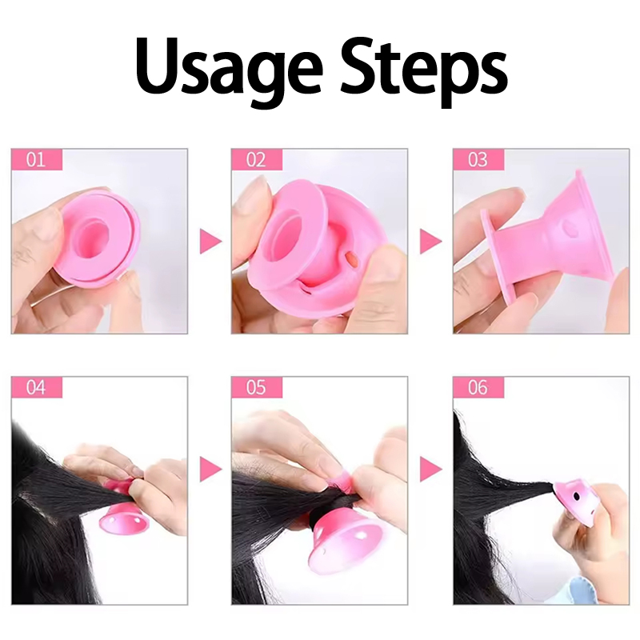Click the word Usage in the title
[x=228, y=66]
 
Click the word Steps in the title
[x=424, y=66]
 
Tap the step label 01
[x=35, y=159]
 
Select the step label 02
[x=256, y=159]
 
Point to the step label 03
[x=478, y=159]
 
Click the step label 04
[x=35, y=387]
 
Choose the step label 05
[x=256, y=387]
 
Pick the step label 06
[x=478, y=387]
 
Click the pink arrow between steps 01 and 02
[x=210, y=242]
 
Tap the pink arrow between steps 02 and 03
[x=431, y=242]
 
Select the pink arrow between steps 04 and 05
[x=210, y=469]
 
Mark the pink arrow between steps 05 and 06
[x=431, y=469]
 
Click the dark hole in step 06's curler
[x=576, y=496]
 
